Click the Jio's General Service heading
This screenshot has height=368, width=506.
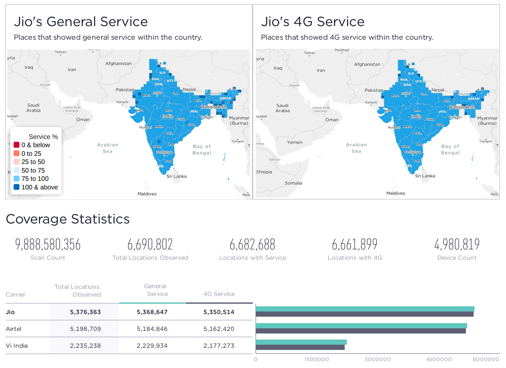pos(81,22)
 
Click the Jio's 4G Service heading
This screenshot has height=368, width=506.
pos(313,22)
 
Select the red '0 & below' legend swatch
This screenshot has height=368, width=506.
pos(16,145)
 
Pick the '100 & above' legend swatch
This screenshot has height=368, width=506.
pos(16,187)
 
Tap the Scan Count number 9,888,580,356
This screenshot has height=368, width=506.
pos(48,245)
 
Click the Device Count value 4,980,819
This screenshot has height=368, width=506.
pos(457,245)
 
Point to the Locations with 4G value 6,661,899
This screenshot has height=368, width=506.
pos(355,245)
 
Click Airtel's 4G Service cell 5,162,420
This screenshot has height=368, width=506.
pos(219,329)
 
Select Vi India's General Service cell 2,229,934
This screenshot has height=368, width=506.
pos(152,346)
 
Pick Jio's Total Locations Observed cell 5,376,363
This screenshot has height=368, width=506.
pos(85,312)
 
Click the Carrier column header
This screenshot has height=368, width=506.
pos(16,295)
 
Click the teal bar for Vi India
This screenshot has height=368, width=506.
pos(301,342)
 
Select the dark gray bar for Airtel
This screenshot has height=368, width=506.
pos(361,331)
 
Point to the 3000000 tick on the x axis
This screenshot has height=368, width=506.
pos(378,359)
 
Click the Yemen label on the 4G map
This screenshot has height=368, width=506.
pos(295,142)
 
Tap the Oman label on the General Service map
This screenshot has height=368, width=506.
pos(83,120)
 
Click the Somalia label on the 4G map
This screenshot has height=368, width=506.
pos(293,183)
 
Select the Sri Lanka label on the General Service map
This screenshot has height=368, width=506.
pos(176,176)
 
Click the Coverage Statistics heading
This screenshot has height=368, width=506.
pos(68,219)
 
